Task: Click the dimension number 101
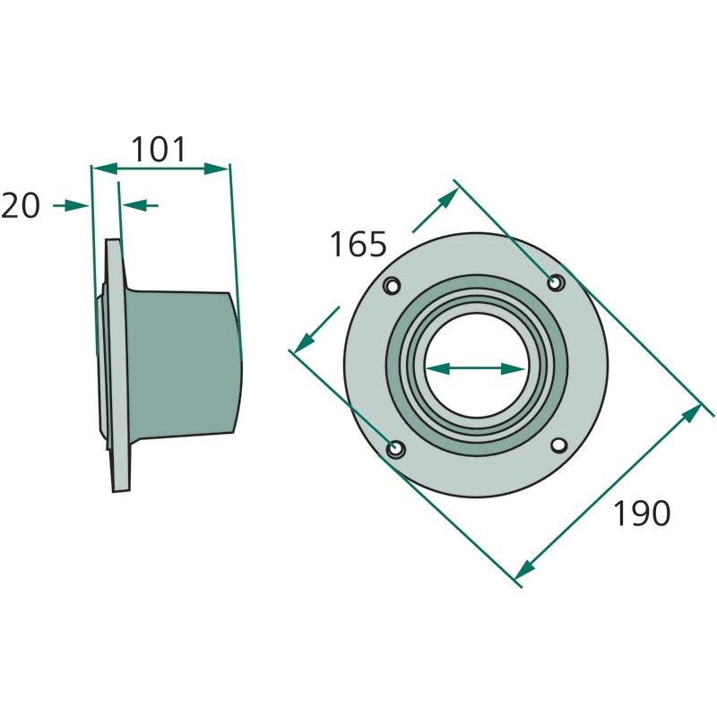pyautogui.click(x=159, y=150)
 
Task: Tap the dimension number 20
pyautogui.click(x=21, y=206)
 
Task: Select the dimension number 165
pyautogui.click(x=358, y=244)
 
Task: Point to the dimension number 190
pyautogui.click(x=642, y=514)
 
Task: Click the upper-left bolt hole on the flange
pyautogui.click(x=393, y=287)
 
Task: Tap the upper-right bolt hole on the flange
pyautogui.click(x=556, y=283)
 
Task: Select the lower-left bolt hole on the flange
pyautogui.click(x=395, y=449)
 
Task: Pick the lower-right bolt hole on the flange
pyautogui.click(x=559, y=445)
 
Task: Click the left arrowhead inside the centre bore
pyautogui.click(x=437, y=368)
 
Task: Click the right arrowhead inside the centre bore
pyautogui.click(x=513, y=368)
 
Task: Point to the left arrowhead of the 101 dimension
pyautogui.click(x=105, y=168)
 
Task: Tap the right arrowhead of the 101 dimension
pyautogui.click(x=216, y=168)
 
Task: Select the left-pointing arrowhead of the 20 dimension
pyautogui.click(x=135, y=205)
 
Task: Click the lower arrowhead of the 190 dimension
pyautogui.click(x=525, y=569)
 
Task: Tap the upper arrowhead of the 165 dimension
pyautogui.click(x=448, y=199)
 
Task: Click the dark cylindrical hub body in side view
pyautogui.click(x=183, y=364)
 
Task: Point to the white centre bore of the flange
pyautogui.click(x=476, y=366)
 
